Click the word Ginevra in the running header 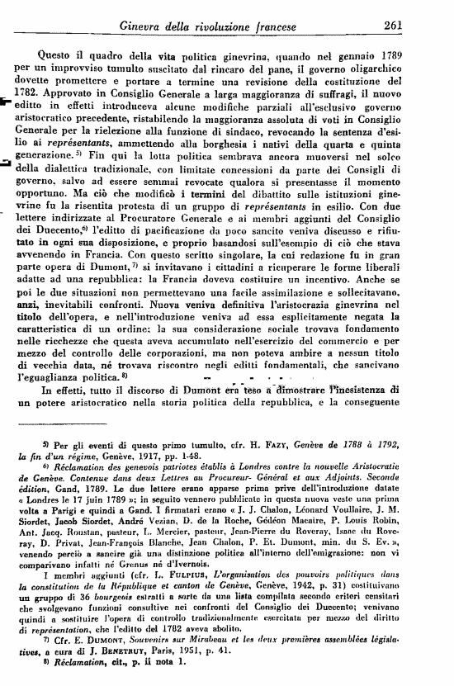tap(146, 26)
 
